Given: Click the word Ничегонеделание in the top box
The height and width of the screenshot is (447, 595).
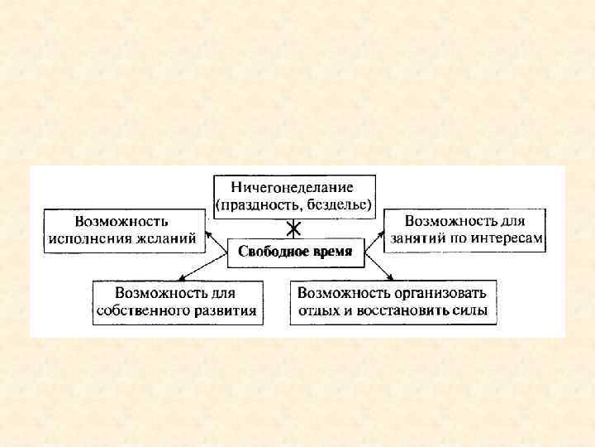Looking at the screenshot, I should click(x=293, y=186).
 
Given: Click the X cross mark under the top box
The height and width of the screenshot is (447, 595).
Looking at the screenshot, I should click(x=293, y=228).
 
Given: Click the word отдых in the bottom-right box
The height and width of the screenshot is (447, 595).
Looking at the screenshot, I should click(x=318, y=311).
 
